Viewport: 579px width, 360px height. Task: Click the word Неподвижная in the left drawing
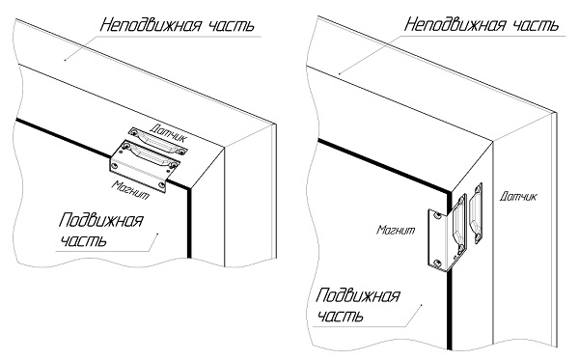152,25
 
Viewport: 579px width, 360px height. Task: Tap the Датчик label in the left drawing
169,133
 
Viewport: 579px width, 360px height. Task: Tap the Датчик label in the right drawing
518,196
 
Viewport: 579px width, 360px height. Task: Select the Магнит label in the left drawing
131,189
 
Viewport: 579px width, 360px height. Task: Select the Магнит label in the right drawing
396,230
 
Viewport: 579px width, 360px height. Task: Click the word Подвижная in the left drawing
100,220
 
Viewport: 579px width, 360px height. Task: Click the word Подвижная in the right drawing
357,295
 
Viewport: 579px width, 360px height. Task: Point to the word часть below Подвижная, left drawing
83,240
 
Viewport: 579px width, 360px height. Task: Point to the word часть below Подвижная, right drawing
340,316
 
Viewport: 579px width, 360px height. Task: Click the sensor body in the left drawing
158,142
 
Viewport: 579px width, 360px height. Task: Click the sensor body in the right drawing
476,214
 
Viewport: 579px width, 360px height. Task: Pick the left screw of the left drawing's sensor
134,132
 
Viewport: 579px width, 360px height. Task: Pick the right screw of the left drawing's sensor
181,151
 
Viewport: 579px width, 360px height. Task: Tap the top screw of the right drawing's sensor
478,189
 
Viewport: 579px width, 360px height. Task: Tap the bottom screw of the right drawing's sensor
477,238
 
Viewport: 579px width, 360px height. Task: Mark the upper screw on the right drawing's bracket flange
438,215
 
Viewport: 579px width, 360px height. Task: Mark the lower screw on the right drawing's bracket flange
437,263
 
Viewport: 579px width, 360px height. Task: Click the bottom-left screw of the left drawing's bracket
115,166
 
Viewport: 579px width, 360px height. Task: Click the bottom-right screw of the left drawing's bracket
161,184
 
